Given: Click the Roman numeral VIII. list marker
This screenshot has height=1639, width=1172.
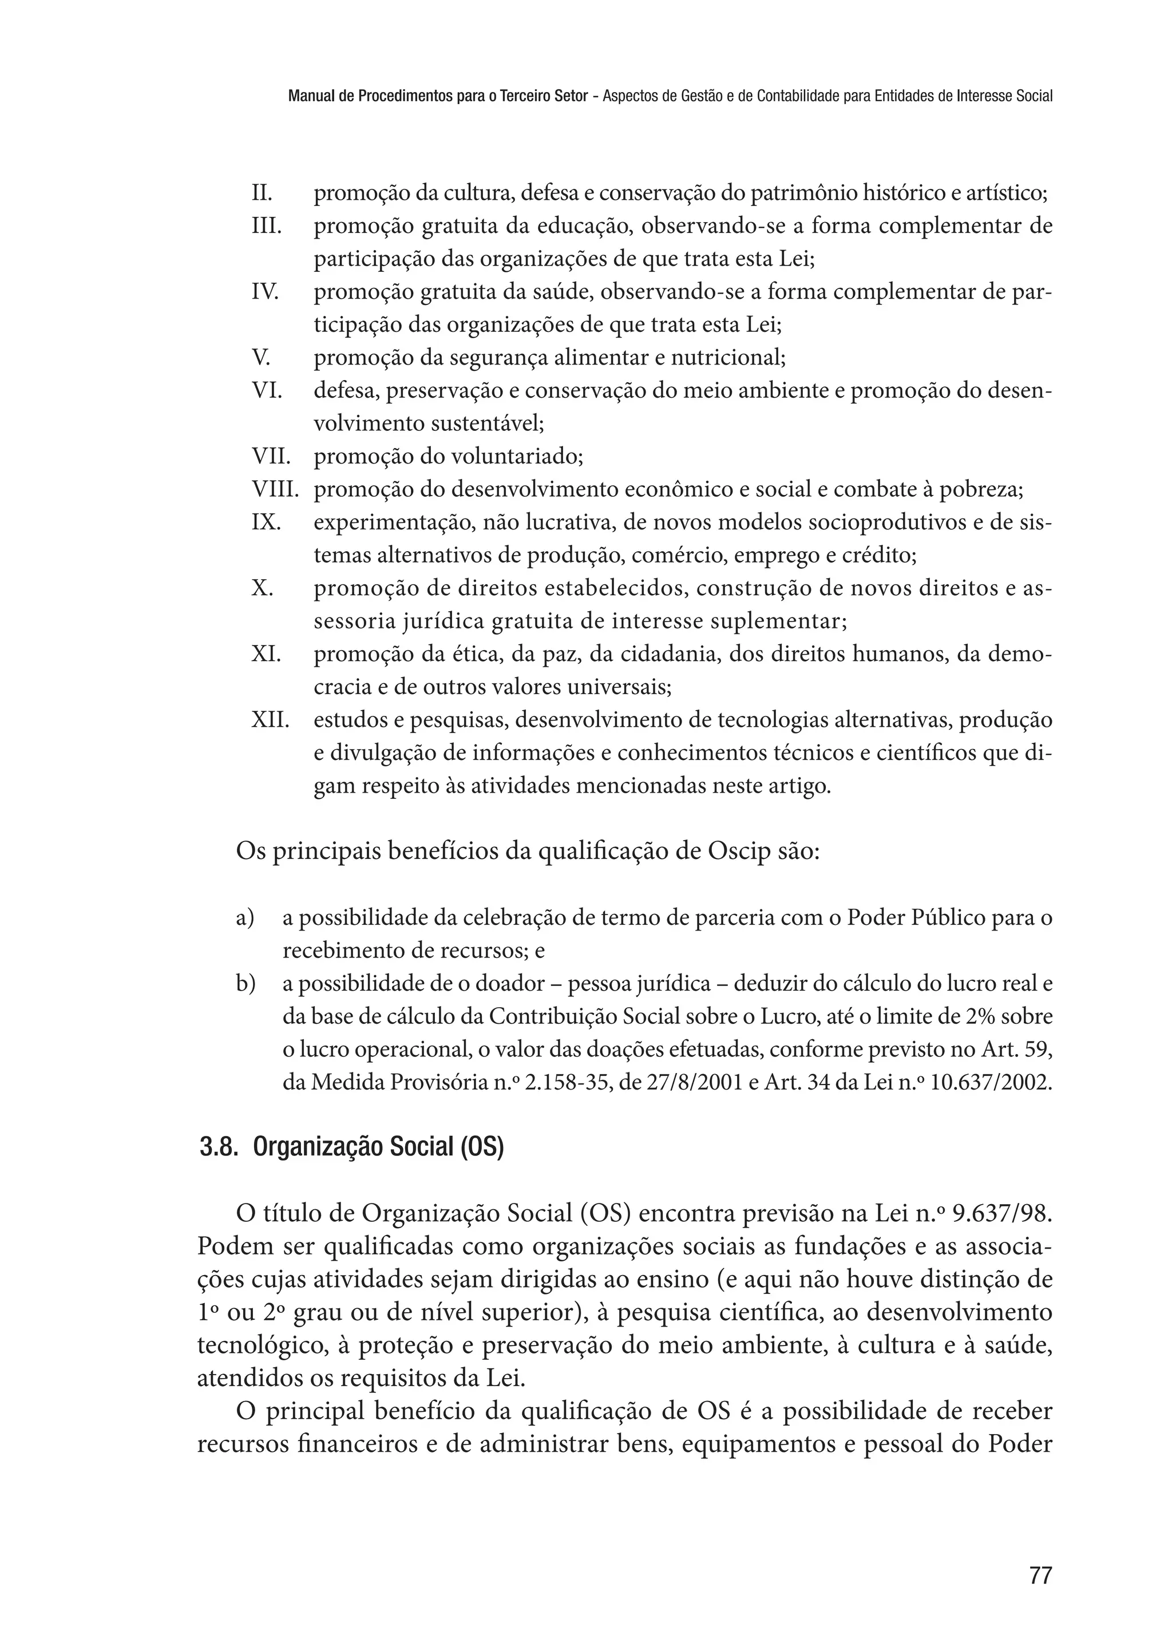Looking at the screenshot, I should (275, 490).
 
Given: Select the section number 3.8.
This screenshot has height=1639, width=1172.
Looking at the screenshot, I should (219, 1147).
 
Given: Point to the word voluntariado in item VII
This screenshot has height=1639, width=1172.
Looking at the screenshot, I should (516, 457).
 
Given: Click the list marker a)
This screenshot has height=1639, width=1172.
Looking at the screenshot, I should (246, 918).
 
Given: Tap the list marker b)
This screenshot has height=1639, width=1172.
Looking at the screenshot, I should (246, 984).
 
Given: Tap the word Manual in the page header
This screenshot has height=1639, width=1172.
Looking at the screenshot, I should (309, 95).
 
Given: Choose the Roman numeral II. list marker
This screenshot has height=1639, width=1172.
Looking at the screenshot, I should (262, 193).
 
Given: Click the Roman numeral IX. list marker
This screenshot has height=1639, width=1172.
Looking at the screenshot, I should (266, 522).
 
